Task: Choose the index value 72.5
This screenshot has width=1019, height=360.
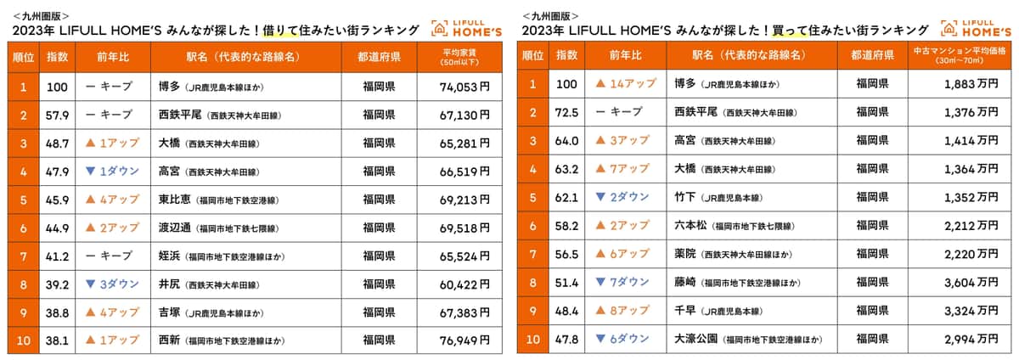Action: coord(566,114)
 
